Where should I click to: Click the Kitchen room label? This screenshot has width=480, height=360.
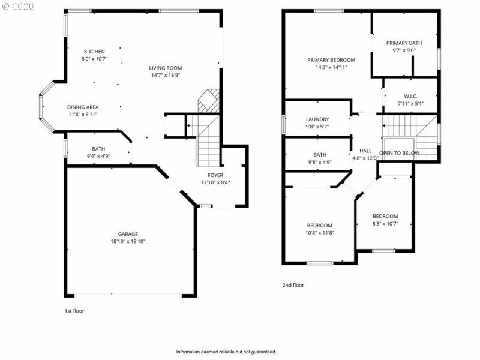pyautogui.click(x=94, y=52)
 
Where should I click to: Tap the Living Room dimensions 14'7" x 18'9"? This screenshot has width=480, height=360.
pyautogui.click(x=166, y=76)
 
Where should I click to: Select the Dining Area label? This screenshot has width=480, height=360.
pyautogui.click(x=83, y=107)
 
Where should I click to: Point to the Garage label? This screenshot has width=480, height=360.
pyautogui.click(x=128, y=234)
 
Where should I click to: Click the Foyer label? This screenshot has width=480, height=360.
pyautogui.click(x=215, y=175)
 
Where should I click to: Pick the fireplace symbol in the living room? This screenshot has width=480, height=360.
pyautogui.click(x=209, y=100)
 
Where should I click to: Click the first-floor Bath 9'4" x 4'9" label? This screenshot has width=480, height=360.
pyautogui.click(x=98, y=149)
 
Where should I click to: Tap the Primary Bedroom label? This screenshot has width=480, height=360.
pyautogui.click(x=331, y=60)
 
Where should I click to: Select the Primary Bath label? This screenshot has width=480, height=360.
pyautogui.click(x=404, y=43)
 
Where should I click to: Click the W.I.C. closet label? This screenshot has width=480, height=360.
pyautogui.click(x=410, y=96)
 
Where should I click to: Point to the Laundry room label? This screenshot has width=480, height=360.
pyautogui.click(x=317, y=119)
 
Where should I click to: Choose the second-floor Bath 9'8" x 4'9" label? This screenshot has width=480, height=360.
pyautogui.click(x=319, y=155)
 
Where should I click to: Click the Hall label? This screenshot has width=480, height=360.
pyautogui.click(x=365, y=151)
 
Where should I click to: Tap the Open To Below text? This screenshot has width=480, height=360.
pyautogui.click(x=400, y=154)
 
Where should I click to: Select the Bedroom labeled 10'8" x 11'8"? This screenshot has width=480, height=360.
pyautogui.click(x=319, y=226)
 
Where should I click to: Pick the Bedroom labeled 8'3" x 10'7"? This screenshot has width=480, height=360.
pyautogui.click(x=385, y=217)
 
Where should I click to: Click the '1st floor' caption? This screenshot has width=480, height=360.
pyautogui.click(x=74, y=311)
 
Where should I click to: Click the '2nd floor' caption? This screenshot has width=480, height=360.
pyautogui.click(x=293, y=285)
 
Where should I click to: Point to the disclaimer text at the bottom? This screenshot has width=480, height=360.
pyautogui.click(x=226, y=352)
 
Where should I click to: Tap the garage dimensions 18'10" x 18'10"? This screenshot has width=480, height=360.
pyautogui.click(x=128, y=241)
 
